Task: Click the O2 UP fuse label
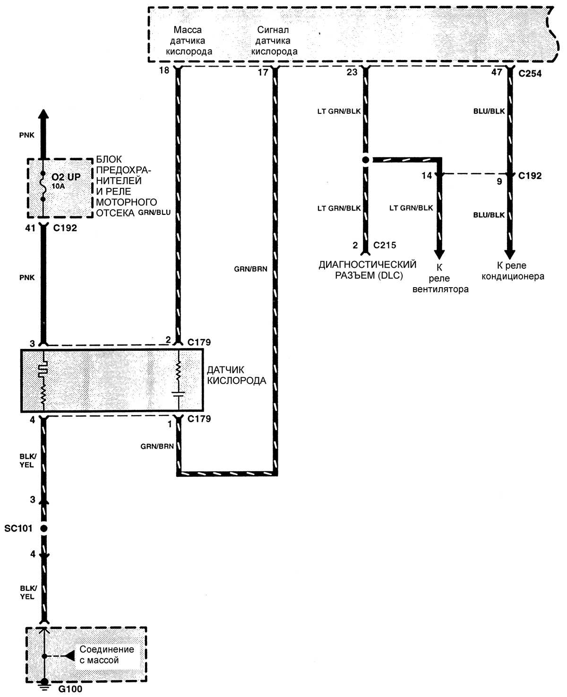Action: click(x=66, y=177)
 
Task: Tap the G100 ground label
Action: click(x=70, y=689)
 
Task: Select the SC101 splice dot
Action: click(x=43, y=528)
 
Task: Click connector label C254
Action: click(x=530, y=73)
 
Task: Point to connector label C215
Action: click(x=384, y=245)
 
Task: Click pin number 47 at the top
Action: click(x=497, y=72)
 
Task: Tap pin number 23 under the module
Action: click(x=352, y=72)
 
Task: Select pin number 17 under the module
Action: click(x=263, y=72)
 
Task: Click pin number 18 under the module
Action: click(x=164, y=70)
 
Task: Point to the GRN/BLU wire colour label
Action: click(x=154, y=212)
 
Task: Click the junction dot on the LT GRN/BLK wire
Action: click(x=365, y=160)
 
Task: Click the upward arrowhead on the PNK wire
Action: click(x=43, y=114)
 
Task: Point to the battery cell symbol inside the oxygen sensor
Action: click(x=179, y=394)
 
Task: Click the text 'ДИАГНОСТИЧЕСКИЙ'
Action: click(x=367, y=264)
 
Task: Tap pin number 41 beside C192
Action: click(x=30, y=228)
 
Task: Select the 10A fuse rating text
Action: click(x=58, y=186)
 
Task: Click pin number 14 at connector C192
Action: click(x=427, y=176)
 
